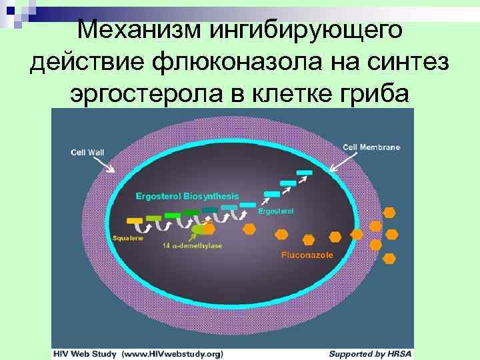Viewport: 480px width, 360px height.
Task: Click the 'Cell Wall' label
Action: pyautogui.click(x=87, y=151)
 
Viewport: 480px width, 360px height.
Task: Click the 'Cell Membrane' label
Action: pyautogui.click(x=372, y=147)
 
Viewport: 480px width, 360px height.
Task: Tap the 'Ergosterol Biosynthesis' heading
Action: pyautogui.click(x=187, y=196)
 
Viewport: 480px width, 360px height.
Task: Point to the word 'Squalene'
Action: pyautogui.click(x=127, y=237)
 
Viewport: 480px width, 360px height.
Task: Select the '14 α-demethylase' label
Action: pyautogui.click(x=193, y=245)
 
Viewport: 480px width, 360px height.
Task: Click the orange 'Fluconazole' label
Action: pyautogui.click(x=307, y=255)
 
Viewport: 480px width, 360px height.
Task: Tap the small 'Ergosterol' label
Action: pyautogui.click(x=275, y=211)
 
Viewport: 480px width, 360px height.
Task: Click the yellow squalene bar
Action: pyautogui.click(x=135, y=219)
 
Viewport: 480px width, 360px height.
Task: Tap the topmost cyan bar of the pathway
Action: pyautogui.click(x=304, y=173)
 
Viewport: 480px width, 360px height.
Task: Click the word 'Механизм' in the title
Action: pyautogui.click(x=135, y=29)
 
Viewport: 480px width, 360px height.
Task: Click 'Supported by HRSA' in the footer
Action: pyautogui.click(x=371, y=353)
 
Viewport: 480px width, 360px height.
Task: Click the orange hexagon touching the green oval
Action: pyautogui.click(x=209, y=229)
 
